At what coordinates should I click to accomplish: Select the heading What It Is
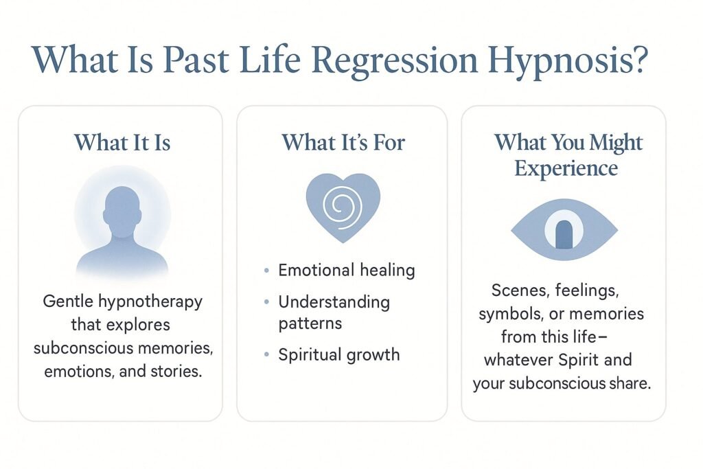click(x=122, y=142)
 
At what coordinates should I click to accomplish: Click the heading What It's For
click(x=343, y=142)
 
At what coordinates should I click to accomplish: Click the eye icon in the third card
click(x=564, y=230)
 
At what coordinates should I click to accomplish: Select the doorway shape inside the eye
click(x=564, y=235)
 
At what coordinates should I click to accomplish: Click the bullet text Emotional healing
click(x=346, y=271)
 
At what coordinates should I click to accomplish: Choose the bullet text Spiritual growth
click(x=338, y=355)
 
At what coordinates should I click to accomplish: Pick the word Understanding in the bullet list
click(x=334, y=302)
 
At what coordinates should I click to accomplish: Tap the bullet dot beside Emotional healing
click(x=266, y=271)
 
